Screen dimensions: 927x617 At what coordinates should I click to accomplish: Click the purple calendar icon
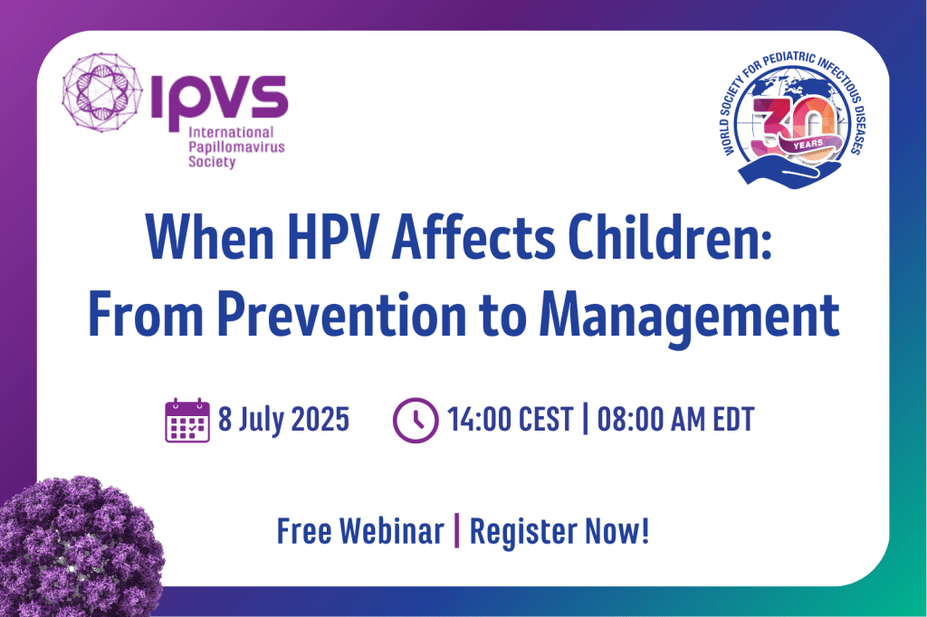pos(187,420)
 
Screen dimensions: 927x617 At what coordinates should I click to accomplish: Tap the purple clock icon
pos(416,420)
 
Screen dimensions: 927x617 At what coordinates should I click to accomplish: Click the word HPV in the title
pos(331,237)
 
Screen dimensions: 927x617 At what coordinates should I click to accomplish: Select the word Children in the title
pos(670,237)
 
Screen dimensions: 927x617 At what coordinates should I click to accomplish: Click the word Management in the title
pos(689,316)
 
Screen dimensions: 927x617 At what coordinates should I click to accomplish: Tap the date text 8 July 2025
pos(283,420)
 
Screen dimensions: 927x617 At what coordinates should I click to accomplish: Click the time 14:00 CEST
pos(511,420)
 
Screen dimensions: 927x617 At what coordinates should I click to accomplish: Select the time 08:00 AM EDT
pos(675,420)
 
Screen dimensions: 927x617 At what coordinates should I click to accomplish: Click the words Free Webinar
pos(360,531)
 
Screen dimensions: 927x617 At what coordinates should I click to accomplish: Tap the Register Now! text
pos(559,532)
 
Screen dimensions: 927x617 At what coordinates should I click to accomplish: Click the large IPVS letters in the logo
pos(219,100)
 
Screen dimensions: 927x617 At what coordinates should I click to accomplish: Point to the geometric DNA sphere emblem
pos(102,92)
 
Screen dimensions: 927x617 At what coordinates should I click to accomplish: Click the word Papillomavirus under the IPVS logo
pos(236,147)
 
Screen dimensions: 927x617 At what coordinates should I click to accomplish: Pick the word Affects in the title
pos(473,237)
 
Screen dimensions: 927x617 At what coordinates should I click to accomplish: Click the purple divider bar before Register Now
pos(456,531)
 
